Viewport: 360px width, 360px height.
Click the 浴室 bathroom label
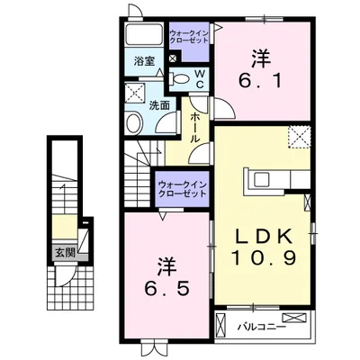(x=144, y=62)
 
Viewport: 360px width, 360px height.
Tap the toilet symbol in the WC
(x=179, y=79)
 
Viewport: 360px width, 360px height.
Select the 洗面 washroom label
(x=159, y=105)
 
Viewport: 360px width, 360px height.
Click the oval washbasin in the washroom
(x=134, y=123)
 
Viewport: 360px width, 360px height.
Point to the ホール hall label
(x=194, y=128)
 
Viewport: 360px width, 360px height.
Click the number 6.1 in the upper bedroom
(x=260, y=81)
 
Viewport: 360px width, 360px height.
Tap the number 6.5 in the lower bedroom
(x=167, y=289)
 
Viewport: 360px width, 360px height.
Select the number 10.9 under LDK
(x=265, y=257)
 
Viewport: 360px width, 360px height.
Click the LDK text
(x=265, y=236)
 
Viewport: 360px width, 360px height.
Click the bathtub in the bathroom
(x=144, y=35)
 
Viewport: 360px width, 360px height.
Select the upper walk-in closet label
(x=189, y=37)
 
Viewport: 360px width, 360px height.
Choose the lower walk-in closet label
(x=183, y=189)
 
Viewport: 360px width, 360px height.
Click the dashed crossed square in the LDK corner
(x=300, y=137)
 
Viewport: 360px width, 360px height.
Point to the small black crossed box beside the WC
(x=173, y=58)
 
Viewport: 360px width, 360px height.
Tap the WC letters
(x=200, y=79)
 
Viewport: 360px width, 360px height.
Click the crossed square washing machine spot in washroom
(x=135, y=93)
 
